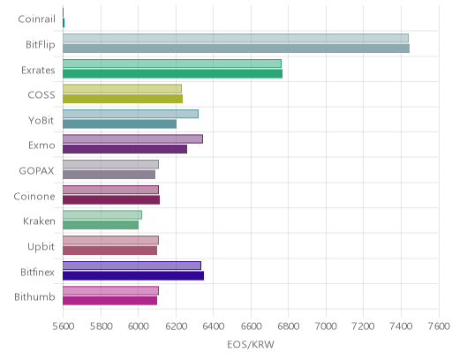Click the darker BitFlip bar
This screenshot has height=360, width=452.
coord(236,49)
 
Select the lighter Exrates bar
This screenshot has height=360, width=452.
coord(172,64)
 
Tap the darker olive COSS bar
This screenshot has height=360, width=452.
coord(123,99)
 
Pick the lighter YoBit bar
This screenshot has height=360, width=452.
coord(131,114)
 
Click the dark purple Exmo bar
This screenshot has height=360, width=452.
coord(124,149)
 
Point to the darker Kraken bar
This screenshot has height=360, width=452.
coord(101,225)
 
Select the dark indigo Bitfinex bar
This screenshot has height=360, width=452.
coord(133,276)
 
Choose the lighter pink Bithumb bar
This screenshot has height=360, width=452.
coord(110,290)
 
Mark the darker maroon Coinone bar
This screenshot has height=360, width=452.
coord(111,200)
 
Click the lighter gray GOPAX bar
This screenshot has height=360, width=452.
coord(110,164)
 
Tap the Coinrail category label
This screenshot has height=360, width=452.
coord(36,19)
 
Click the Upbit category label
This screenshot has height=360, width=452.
coord(41,246)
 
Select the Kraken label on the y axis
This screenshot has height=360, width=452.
coord(39,221)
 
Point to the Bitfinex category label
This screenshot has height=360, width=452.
coord(37,272)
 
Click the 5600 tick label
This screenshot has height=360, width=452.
coord(64,326)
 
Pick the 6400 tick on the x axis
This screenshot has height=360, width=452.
coord(214,326)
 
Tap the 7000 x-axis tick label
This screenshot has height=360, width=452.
coord(326,326)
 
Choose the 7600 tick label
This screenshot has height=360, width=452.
coord(439,326)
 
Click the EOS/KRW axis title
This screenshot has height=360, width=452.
coord(251,344)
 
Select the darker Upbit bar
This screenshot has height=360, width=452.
coord(109,251)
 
